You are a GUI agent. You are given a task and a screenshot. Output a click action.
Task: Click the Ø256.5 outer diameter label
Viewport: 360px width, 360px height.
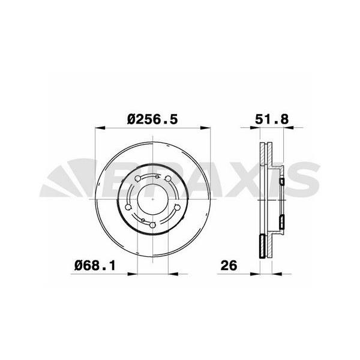(x=152, y=119)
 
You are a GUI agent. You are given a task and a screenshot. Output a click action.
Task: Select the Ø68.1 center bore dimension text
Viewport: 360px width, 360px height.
(x=95, y=264)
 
